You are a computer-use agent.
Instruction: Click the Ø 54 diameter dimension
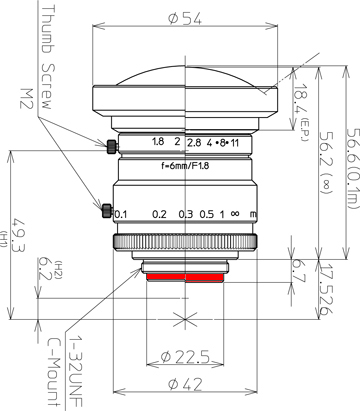click(185, 19)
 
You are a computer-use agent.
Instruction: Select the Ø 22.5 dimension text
click(185, 357)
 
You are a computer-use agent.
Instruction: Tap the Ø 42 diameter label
click(185, 384)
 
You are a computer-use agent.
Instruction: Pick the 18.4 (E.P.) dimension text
click(301, 112)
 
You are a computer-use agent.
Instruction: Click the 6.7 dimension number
click(298, 271)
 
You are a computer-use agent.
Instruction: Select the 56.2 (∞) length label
click(326, 162)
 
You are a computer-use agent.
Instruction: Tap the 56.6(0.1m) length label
click(353, 168)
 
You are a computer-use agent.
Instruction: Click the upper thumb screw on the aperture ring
click(112, 147)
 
